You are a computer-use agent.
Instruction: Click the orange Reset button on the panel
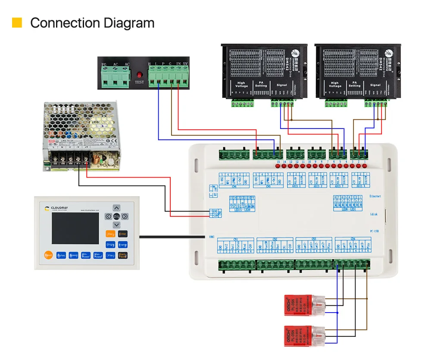[x=48, y=255]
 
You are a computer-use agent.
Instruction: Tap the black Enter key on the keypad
[x=123, y=234]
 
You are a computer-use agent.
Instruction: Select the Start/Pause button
[x=123, y=255]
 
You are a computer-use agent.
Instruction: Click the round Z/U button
[x=116, y=216]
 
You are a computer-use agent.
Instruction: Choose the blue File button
[x=110, y=255]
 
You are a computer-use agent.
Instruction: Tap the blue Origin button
[x=110, y=244]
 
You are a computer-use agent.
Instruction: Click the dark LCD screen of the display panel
[x=75, y=229]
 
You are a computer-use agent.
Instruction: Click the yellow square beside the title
[x=17, y=22]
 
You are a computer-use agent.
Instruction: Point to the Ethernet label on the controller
[x=375, y=196]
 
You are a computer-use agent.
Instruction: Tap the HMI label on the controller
[x=211, y=237]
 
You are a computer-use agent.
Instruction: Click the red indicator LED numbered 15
[x=278, y=165]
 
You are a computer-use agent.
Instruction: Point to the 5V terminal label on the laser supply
[x=185, y=65]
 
